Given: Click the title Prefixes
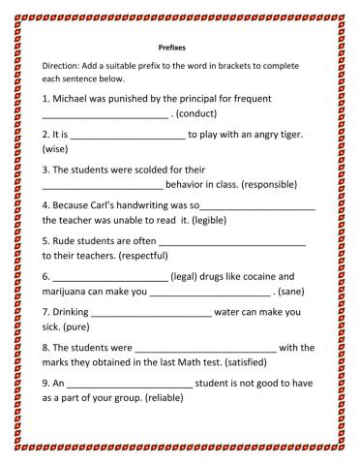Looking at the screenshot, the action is coord(171,45).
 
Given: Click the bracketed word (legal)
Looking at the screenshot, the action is coord(188,274).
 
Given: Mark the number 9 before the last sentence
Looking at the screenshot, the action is coord(45,383).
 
